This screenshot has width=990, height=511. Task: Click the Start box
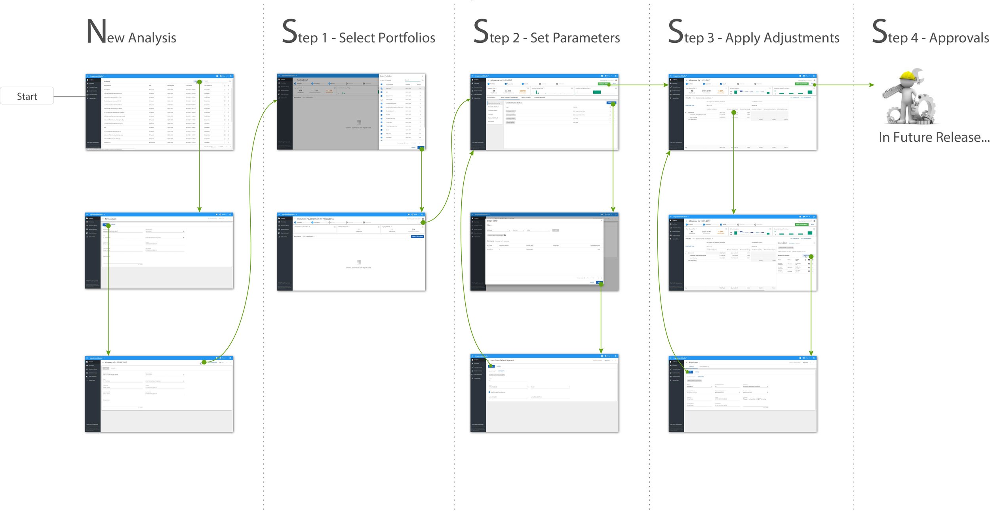pos(27,96)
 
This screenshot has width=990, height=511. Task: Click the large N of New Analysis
pos(96,31)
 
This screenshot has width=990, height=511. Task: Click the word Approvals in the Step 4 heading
pos(959,38)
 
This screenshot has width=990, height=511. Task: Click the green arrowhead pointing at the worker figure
pos(871,85)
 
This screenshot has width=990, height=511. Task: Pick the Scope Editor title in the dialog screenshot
pos(492,221)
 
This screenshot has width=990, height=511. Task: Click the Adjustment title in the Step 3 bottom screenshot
pos(693,362)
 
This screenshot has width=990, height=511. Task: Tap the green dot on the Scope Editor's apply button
pos(601,283)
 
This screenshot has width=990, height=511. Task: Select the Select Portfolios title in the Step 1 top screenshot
pos(386,76)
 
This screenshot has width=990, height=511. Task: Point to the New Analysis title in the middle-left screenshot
pos(110,219)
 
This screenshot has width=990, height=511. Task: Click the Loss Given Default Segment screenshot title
pos(502,360)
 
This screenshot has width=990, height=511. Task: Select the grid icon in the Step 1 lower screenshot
pos(358,262)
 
